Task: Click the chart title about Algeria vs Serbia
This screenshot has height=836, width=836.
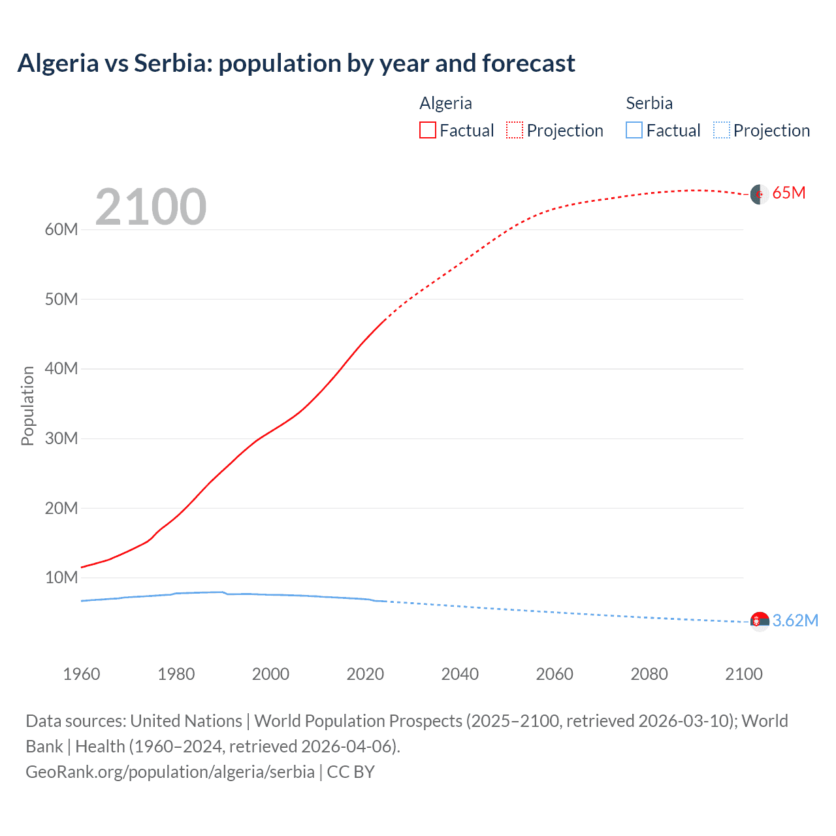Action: [x=296, y=63]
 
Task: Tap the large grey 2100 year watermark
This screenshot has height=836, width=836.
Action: [x=151, y=207]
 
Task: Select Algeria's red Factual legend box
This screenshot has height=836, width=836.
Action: [x=427, y=130]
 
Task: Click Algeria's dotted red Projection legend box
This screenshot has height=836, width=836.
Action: [x=515, y=130]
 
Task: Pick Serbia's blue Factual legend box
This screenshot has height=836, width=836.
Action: [x=634, y=130]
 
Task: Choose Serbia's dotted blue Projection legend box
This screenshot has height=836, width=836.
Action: [x=721, y=130]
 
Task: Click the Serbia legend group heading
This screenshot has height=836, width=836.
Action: [x=649, y=103]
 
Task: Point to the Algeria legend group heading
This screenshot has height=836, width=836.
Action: [x=445, y=103]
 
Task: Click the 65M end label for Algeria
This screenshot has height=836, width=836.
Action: [x=788, y=193]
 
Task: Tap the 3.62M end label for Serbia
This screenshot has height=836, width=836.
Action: [x=795, y=620]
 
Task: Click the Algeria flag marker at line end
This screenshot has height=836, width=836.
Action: [x=759, y=194]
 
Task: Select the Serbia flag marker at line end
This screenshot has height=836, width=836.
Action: [x=759, y=621]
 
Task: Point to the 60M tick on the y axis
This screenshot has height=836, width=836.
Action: [x=61, y=229]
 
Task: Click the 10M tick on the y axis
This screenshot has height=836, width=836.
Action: [x=61, y=577]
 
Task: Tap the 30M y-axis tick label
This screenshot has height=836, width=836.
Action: [x=61, y=438]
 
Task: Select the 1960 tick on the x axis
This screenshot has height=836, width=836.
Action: [x=82, y=674]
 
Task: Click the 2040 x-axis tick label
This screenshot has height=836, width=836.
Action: [x=460, y=674]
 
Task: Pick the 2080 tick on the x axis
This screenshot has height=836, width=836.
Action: [x=649, y=674]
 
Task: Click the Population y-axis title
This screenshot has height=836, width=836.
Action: [x=27, y=406]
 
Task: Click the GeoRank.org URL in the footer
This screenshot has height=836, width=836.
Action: [x=170, y=772]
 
